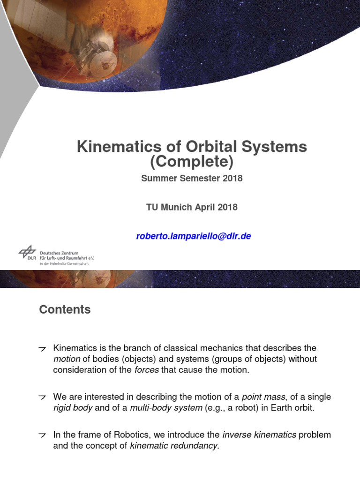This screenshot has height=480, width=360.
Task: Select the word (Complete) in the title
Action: click(x=192, y=162)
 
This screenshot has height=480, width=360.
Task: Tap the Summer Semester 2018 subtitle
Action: click(x=192, y=178)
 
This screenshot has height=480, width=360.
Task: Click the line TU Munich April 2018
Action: click(x=192, y=207)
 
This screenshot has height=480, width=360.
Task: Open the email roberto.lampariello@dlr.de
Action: click(x=194, y=236)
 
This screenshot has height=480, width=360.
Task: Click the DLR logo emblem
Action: click(x=27, y=253)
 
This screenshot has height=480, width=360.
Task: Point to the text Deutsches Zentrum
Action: click(x=59, y=253)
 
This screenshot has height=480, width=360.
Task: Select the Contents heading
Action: click(x=65, y=309)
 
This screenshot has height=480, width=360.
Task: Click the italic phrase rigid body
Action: click(x=73, y=407)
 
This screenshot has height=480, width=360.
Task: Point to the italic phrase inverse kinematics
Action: click(x=259, y=435)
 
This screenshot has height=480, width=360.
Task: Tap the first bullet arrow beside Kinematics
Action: click(x=42, y=349)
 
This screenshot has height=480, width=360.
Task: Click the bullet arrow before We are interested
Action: click(x=42, y=397)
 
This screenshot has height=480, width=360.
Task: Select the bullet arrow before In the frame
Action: click(x=42, y=435)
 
